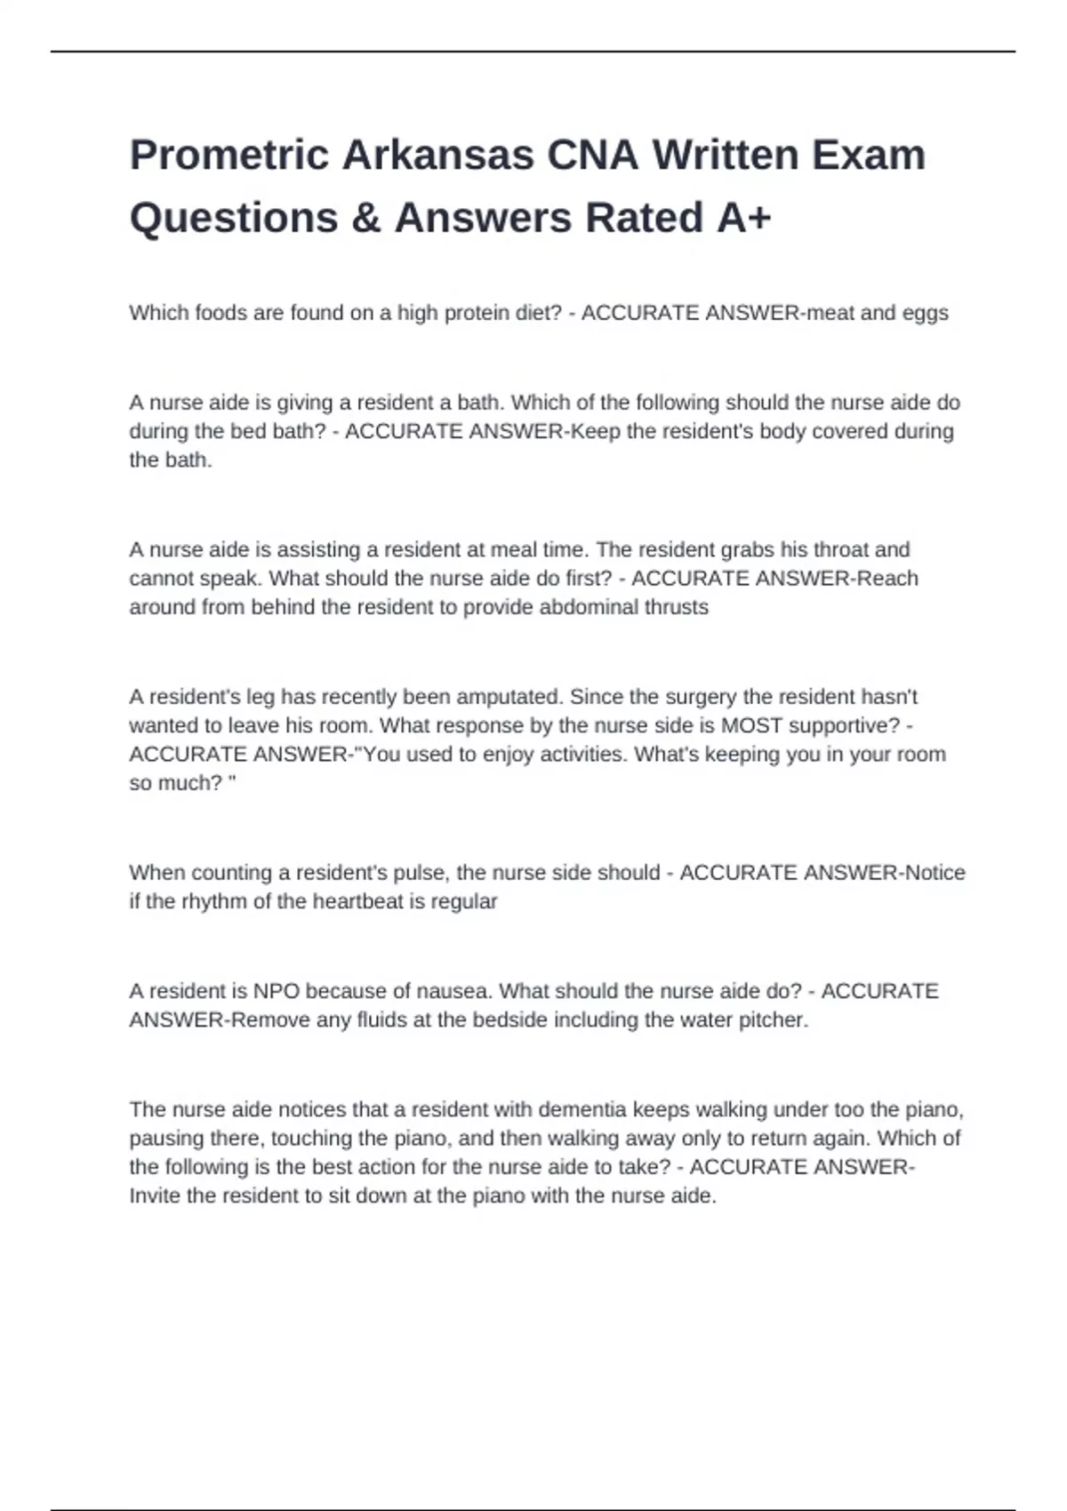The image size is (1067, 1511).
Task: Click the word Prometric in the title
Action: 229,156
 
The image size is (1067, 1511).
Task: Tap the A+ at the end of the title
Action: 743,219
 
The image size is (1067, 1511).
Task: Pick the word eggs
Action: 925,313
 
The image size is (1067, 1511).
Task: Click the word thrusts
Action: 677,607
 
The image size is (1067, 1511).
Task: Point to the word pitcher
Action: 773,1020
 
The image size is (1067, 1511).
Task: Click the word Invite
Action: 156,1196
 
